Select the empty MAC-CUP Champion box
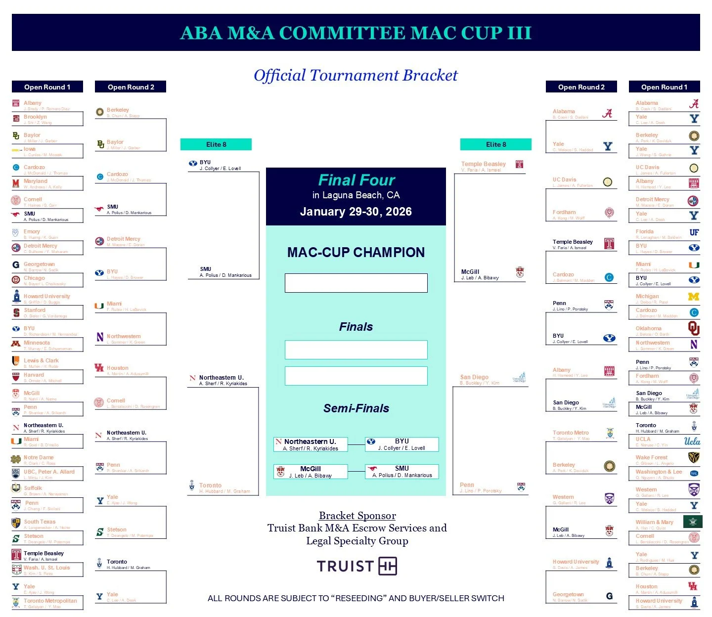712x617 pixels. click(356, 283)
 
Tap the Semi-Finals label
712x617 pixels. click(356, 408)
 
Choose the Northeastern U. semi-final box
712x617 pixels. click(311, 444)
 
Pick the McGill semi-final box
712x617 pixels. click(311, 472)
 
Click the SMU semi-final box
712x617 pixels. click(401, 472)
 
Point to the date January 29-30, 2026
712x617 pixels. click(356, 212)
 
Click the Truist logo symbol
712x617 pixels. click(388, 566)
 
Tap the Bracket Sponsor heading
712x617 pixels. click(357, 516)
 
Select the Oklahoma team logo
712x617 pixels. click(694, 328)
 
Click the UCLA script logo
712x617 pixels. click(692, 441)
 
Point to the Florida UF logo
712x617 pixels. click(694, 232)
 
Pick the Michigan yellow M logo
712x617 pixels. click(694, 297)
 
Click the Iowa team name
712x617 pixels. click(30, 149)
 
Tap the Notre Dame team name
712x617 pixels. click(39, 457)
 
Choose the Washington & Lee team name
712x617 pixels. click(659, 472)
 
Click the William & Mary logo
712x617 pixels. click(692, 522)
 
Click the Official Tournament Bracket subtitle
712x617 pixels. click(356, 75)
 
